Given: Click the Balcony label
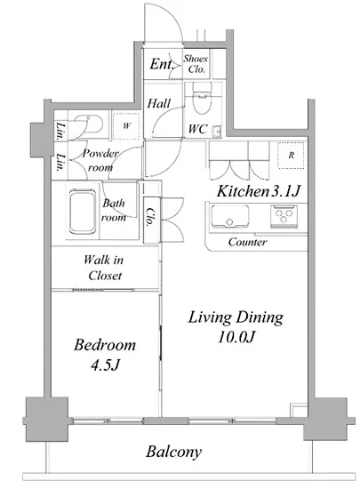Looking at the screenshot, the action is [173, 452].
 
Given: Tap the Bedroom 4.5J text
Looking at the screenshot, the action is [105, 355].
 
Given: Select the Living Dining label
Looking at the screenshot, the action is [236, 317].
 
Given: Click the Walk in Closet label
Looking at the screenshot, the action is [104, 268].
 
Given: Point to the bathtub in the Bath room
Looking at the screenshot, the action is [83, 212].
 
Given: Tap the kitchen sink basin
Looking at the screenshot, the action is [230, 216].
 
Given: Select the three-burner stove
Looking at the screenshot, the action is [284, 216].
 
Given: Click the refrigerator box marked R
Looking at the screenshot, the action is [291, 156].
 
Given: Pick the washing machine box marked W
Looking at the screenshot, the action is [126, 125].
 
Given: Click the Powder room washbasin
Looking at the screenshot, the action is [90, 124].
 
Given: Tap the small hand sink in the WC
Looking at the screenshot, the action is [217, 131].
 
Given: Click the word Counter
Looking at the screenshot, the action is [247, 242].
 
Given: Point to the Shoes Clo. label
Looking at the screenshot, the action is [196, 64].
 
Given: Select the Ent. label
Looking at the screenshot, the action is [161, 64].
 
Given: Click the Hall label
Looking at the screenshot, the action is [158, 103].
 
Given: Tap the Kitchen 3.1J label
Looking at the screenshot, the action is [259, 191].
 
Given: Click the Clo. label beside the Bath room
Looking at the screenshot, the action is [150, 217].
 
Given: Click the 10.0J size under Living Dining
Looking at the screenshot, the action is [236, 337].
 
